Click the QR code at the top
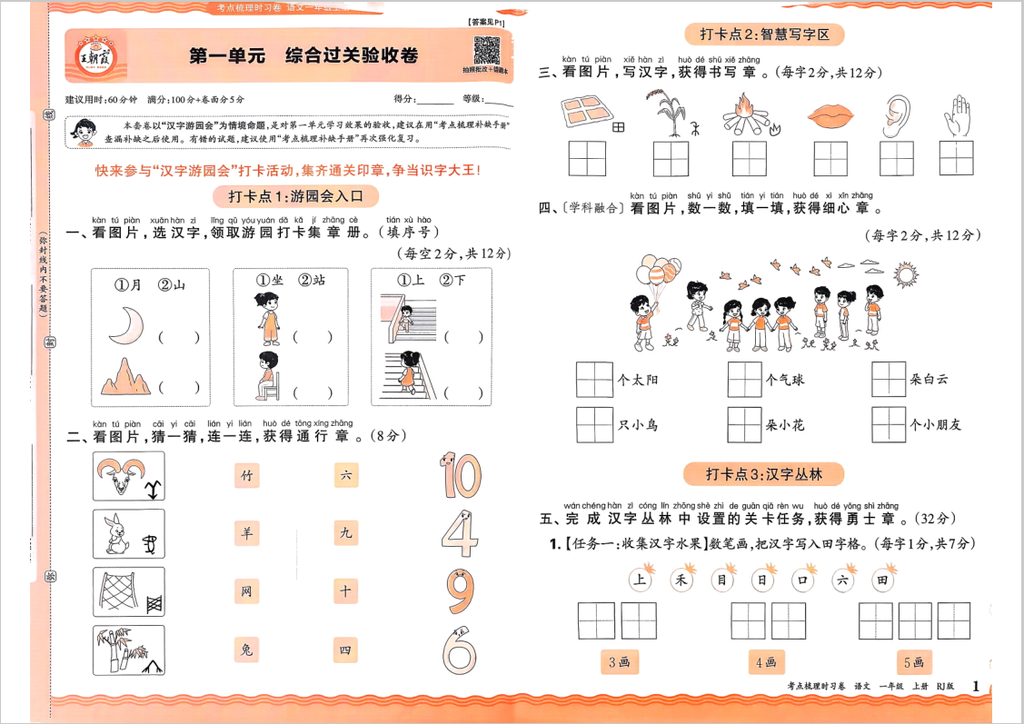487,50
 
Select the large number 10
459,475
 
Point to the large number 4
460,535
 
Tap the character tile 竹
245,475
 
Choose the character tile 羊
245,533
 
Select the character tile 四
345,650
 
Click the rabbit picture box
128,534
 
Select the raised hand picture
957,114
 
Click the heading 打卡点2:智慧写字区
764,35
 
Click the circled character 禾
681,580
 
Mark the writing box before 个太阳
594,380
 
